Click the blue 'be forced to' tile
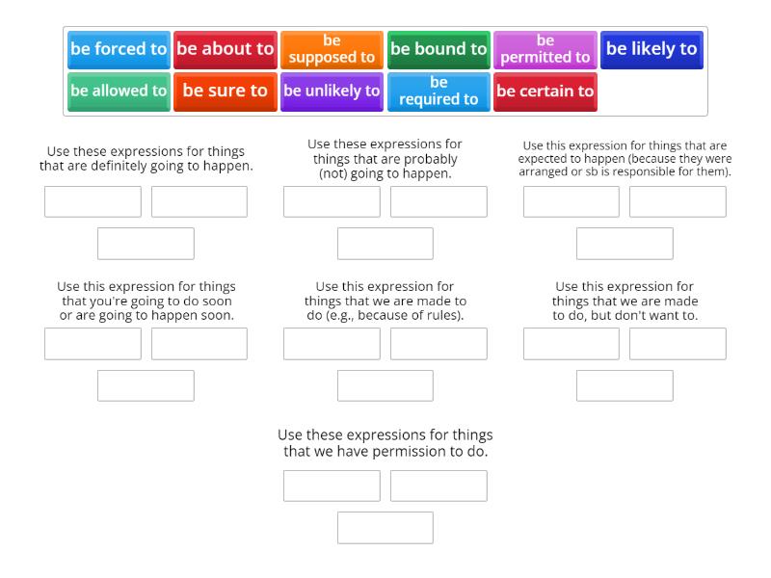pyautogui.click(x=119, y=49)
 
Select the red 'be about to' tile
pyautogui.click(x=226, y=49)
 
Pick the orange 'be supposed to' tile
pyautogui.click(x=332, y=49)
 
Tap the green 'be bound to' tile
pyautogui.click(x=439, y=49)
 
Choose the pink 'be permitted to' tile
pyautogui.click(x=545, y=49)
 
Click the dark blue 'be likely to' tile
pyautogui.click(x=651, y=49)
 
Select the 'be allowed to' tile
pyautogui.click(x=119, y=92)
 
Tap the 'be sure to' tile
pyautogui.click(x=226, y=92)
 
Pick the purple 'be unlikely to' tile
pyautogui.click(x=332, y=92)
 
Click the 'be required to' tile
pyautogui.click(x=439, y=92)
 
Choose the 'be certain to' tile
pyautogui.click(x=545, y=92)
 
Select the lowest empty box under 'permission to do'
pyautogui.click(x=385, y=528)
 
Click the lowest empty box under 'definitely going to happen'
pyautogui.click(x=146, y=244)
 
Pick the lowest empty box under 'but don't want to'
pyautogui.click(x=625, y=385)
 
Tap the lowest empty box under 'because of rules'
pyautogui.click(x=385, y=385)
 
